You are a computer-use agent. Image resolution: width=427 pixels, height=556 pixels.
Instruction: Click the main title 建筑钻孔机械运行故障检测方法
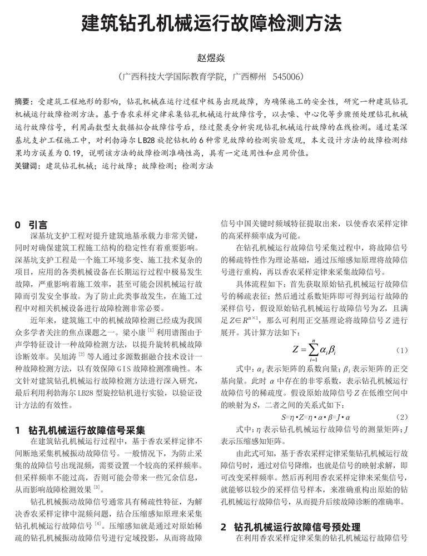213,24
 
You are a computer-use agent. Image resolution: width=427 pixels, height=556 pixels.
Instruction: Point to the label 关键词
26,166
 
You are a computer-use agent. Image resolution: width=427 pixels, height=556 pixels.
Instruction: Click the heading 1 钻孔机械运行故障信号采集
80,430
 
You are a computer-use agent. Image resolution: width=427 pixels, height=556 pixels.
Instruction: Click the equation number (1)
403,350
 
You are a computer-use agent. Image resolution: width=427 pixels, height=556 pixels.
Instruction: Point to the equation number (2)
403,416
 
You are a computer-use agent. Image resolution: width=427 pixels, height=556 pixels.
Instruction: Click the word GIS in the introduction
121,368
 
